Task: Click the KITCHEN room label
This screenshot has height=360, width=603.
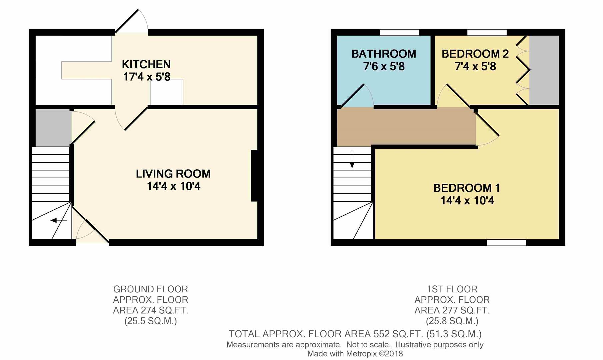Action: (x=146, y=64)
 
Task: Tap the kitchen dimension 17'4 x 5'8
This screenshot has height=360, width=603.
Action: (x=147, y=77)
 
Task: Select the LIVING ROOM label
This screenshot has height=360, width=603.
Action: (x=173, y=174)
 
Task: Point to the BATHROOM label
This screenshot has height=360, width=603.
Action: (x=384, y=54)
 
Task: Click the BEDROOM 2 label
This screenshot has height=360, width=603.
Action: (x=475, y=54)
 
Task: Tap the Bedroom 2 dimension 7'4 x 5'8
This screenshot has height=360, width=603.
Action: (x=475, y=67)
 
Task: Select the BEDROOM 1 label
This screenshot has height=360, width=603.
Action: (x=466, y=188)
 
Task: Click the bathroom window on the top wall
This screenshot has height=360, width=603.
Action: (x=399, y=32)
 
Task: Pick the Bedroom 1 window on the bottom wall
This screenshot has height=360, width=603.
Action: (x=506, y=243)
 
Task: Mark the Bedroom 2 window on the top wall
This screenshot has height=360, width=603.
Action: (x=487, y=32)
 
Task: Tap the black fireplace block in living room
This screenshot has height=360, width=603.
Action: (x=254, y=176)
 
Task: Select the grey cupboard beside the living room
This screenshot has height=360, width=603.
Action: (x=53, y=128)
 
